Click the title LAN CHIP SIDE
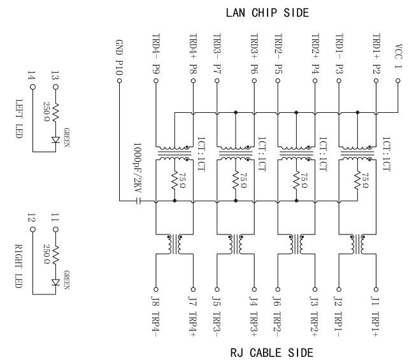(267, 12)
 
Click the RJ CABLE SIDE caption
(271, 352)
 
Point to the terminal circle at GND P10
(119, 82)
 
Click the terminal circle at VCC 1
(398, 81)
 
